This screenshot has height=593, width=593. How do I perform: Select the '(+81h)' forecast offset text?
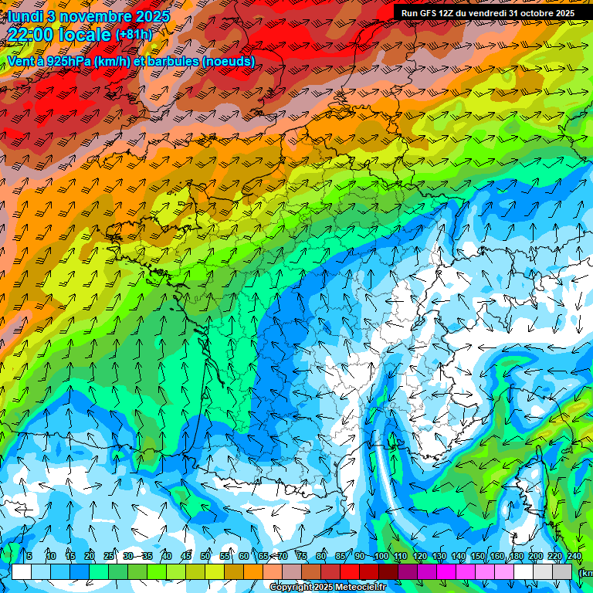(x=134, y=35)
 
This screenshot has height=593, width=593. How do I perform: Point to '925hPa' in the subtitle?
(x=64, y=61)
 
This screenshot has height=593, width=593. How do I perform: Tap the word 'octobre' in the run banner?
(x=531, y=12)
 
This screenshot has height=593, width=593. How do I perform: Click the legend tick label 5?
(x=29, y=556)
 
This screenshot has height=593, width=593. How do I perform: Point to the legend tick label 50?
(x=205, y=556)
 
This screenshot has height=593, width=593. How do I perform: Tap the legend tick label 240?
(x=574, y=556)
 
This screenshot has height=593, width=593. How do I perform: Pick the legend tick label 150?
(x=478, y=556)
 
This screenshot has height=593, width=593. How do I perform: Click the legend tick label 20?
(x=90, y=556)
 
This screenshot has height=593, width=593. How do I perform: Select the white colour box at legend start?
(x=22, y=571)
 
